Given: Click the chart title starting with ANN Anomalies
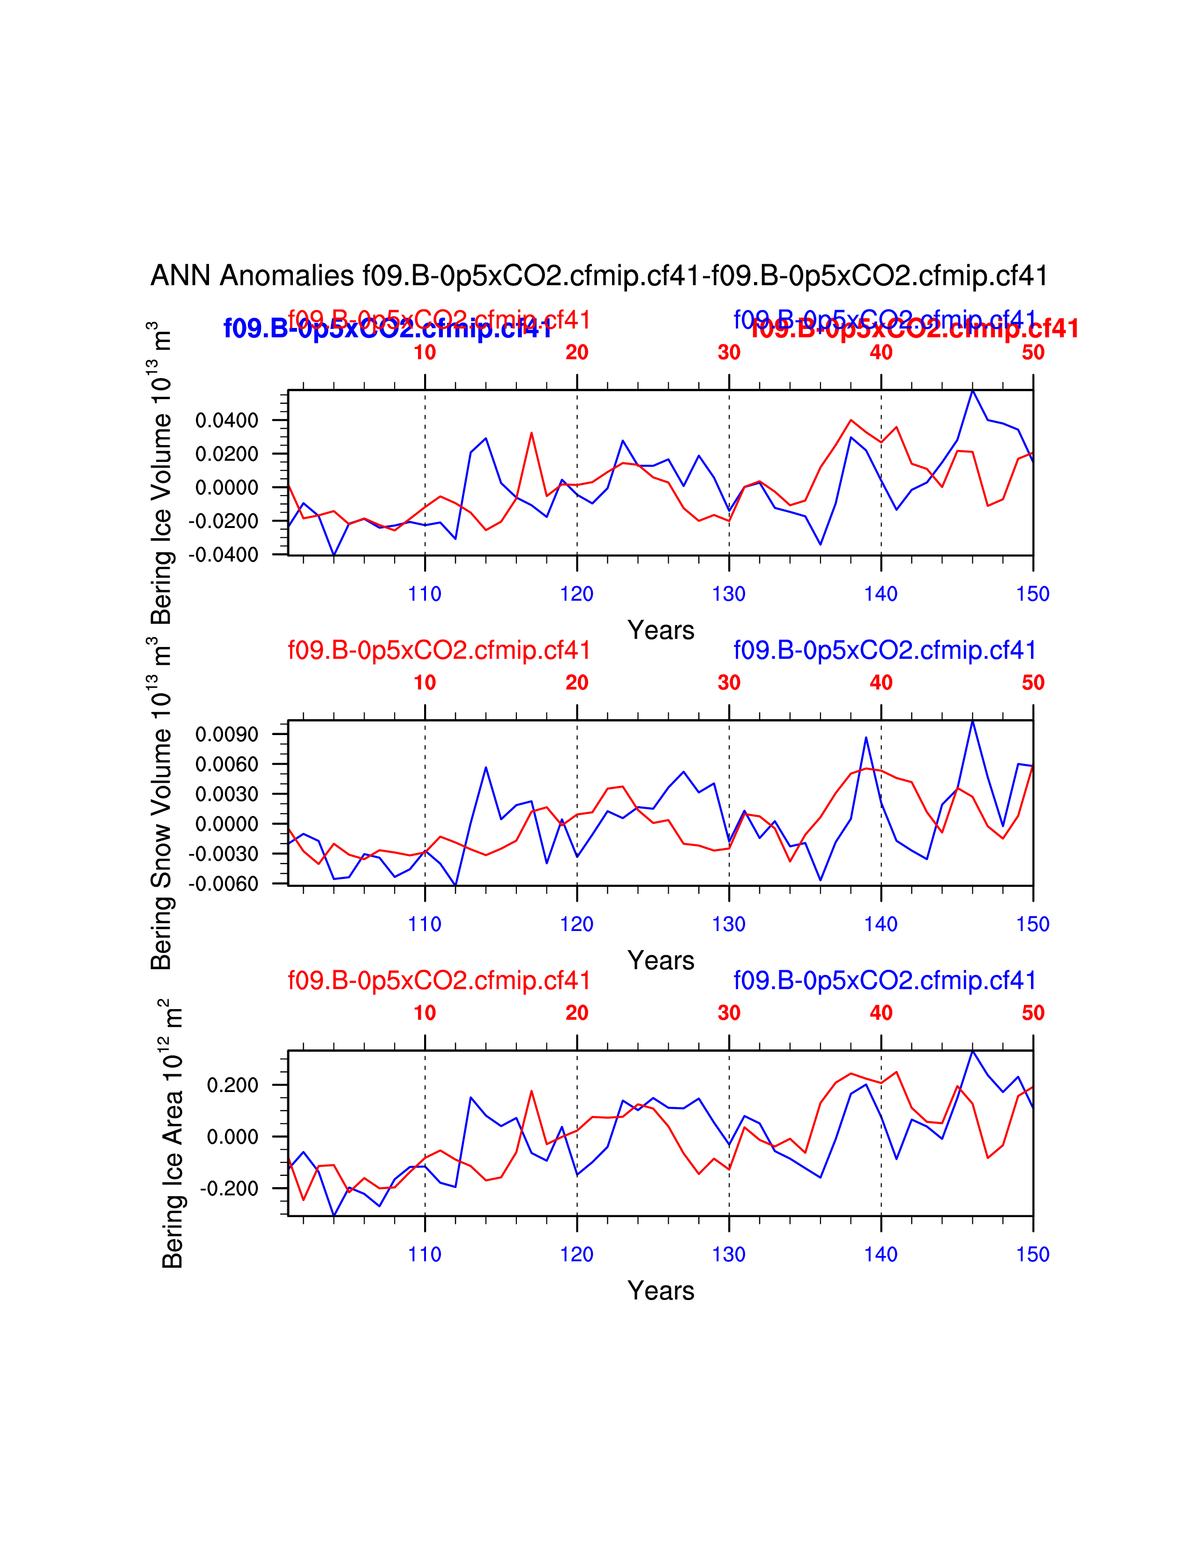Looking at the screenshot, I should tap(599, 275).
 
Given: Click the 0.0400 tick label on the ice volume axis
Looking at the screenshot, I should tap(226, 421).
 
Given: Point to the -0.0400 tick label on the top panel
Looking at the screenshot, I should tap(224, 555).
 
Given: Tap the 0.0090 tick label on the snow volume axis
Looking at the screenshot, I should tap(226, 735).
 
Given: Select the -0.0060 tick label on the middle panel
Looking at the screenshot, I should tap(224, 884).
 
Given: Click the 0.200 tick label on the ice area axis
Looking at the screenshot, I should tap(232, 1085).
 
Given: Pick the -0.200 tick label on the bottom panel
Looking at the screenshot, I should tap(229, 1189).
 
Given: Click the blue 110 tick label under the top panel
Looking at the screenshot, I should tap(425, 594).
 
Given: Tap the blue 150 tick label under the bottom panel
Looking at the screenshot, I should tap(1033, 1254).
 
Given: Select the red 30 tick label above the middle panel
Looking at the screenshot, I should tap(729, 683).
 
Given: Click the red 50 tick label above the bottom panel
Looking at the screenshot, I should tap(1033, 1013).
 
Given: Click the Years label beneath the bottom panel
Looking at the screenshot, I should tap(660, 1291).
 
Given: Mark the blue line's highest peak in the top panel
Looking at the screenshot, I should tap(973, 391).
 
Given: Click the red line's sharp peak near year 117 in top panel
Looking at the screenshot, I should tap(531, 433).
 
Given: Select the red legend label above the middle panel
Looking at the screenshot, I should tap(439, 650).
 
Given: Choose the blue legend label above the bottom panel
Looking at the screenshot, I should tap(885, 981).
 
